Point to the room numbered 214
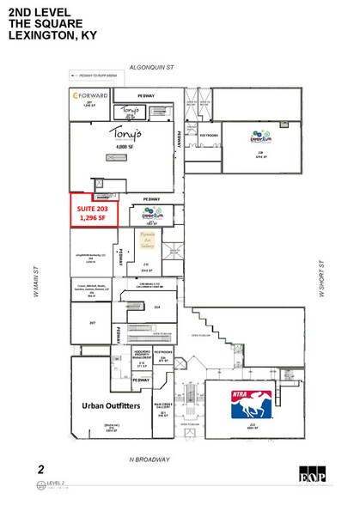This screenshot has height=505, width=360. pyautogui.click(x=156, y=306)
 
